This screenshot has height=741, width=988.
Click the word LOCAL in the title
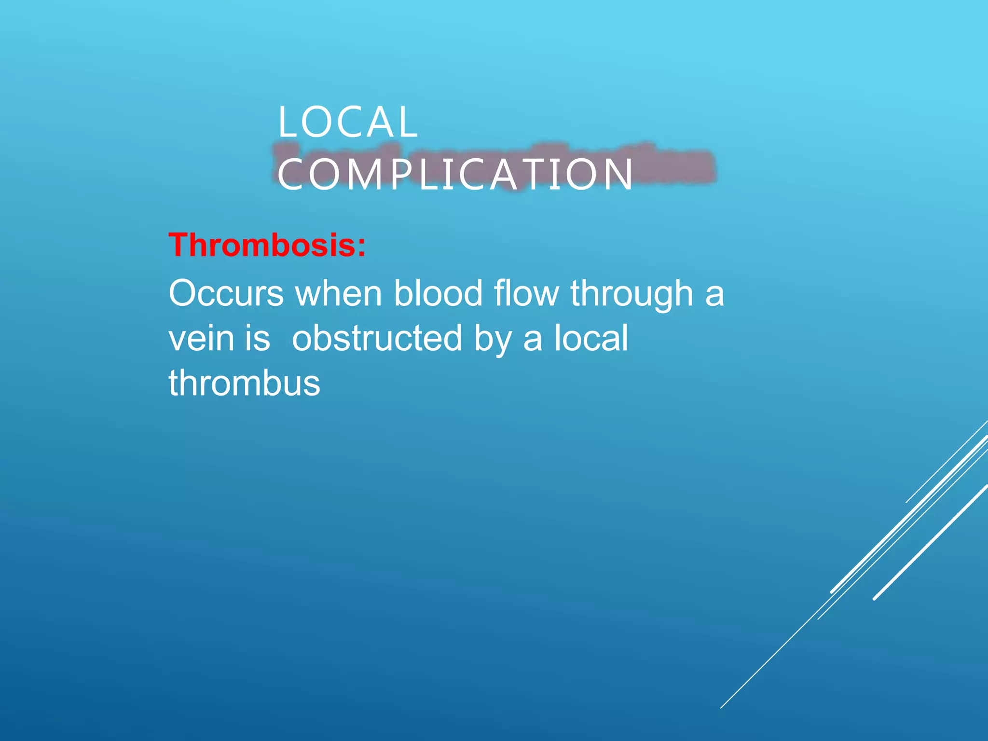(x=347, y=123)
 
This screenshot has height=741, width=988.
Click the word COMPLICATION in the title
(x=455, y=175)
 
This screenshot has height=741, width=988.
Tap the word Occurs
(x=226, y=293)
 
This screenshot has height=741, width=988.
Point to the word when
(x=339, y=293)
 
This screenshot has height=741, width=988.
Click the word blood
(x=438, y=293)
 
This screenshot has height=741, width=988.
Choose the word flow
(x=526, y=293)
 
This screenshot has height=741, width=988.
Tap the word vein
(x=201, y=338)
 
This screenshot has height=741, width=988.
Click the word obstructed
(x=377, y=338)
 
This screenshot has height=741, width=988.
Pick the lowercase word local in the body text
(x=591, y=338)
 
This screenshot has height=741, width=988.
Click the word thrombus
(x=244, y=383)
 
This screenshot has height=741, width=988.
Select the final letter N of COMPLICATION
(x=621, y=175)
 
